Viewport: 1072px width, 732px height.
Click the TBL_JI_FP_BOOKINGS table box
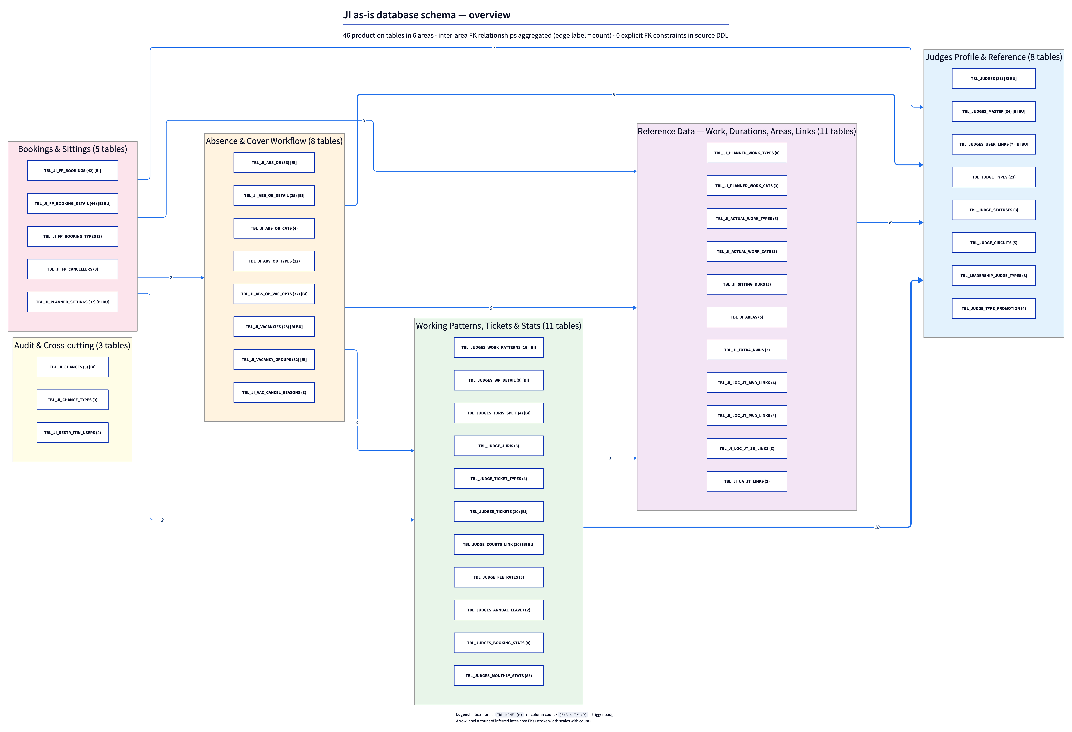coord(72,171)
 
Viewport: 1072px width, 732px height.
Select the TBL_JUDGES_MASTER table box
coord(994,112)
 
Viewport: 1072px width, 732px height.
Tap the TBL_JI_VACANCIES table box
coord(274,327)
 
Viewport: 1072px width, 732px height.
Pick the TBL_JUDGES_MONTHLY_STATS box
coord(499,676)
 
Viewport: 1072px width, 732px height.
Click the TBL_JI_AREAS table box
coord(747,317)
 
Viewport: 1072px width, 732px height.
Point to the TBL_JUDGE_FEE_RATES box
coord(499,577)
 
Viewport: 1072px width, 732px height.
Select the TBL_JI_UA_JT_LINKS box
coord(747,481)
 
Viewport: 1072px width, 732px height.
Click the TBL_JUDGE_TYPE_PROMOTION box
coord(994,308)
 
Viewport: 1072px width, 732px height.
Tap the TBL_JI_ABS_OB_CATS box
coord(274,228)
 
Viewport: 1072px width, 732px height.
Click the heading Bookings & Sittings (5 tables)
coord(72,149)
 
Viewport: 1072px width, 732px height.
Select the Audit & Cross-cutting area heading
coord(72,345)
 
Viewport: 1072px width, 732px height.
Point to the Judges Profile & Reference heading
coord(994,57)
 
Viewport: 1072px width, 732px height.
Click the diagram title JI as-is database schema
coord(427,15)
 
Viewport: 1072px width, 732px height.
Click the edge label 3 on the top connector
coord(494,47)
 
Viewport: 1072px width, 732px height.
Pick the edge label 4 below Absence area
coord(357,423)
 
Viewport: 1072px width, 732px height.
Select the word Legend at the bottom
coord(463,714)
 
